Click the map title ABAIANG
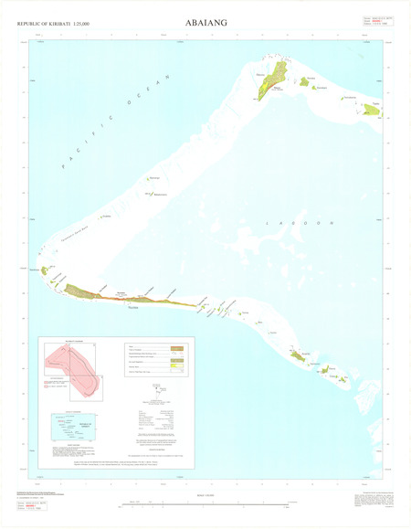[x=206, y=20]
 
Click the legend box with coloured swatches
[x=157, y=359]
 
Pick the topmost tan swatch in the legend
[x=177, y=348]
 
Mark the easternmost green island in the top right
[x=371, y=109]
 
